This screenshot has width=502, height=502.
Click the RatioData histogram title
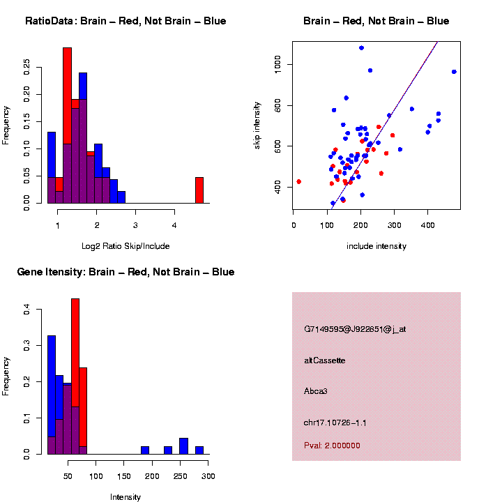click(x=125, y=21)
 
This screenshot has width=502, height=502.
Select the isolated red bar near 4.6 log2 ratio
click(x=199, y=190)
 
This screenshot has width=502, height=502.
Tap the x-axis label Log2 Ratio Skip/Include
click(x=125, y=246)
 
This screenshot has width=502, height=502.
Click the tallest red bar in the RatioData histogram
click(x=68, y=125)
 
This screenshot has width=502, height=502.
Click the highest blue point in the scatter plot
click(x=361, y=48)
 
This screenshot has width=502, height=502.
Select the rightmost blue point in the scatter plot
click(x=454, y=72)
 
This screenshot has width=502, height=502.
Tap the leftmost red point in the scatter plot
click(x=298, y=181)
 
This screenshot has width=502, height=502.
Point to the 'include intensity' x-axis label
click(x=376, y=246)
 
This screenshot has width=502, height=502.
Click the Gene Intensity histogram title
click(x=125, y=271)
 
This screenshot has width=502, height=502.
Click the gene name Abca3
click(x=316, y=391)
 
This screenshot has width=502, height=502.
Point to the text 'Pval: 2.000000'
click(x=332, y=446)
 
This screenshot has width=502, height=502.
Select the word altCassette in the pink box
click(x=325, y=360)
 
